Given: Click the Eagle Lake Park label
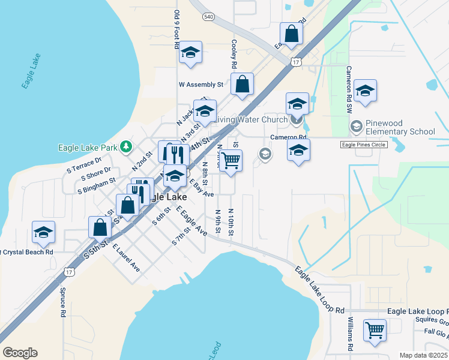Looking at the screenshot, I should click(88, 147).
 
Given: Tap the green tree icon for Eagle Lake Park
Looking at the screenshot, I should click(125, 146).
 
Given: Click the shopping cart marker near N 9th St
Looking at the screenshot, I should click(231, 161).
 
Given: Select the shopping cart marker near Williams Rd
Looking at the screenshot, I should click(375, 330).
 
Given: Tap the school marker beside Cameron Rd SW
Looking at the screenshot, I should click(365, 91).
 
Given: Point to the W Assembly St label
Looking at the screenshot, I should click(200, 85).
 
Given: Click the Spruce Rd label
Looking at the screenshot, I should click(62, 302).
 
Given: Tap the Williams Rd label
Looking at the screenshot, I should click(350, 336).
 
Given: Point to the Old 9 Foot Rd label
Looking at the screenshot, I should click(177, 30).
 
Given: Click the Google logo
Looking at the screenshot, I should click(20, 353).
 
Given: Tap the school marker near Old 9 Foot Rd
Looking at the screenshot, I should click(190, 53).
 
